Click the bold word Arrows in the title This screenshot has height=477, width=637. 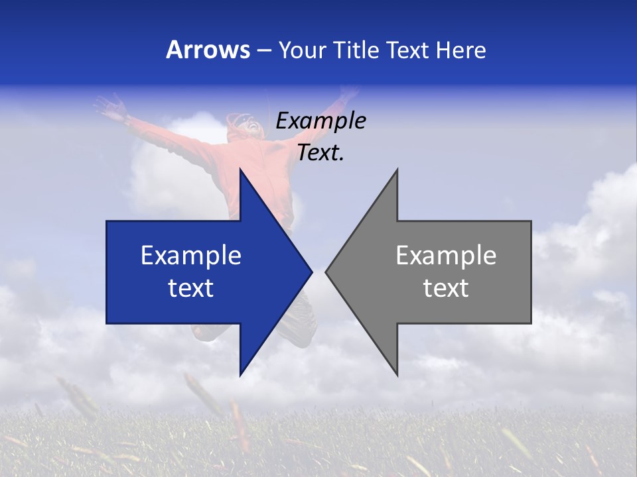(x=208, y=50)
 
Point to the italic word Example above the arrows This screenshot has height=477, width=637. (x=320, y=121)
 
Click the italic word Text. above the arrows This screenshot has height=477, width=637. (x=320, y=153)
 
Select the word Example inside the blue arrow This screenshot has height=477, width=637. (x=190, y=256)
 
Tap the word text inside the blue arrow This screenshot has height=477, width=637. (x=190, y=288)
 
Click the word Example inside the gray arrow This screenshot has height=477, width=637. (x=446, y=256)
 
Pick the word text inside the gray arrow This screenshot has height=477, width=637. (x=446, y=288)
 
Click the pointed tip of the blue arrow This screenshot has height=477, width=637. (x=312, y=272)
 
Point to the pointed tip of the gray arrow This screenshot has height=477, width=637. (x=326, y=272)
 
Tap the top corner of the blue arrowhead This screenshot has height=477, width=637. (x=240, y=170)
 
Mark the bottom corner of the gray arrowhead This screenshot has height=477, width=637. (x=397, y=375)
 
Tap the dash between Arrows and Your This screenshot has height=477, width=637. (x=263, y=50)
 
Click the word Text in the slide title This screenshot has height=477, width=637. (x=407, y=50)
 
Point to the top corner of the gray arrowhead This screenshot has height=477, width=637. (x=397, y=170)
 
